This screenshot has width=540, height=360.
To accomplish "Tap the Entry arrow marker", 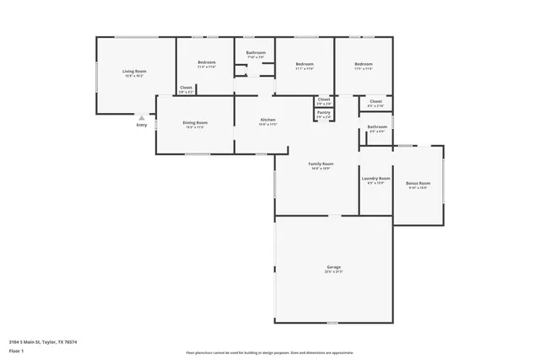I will (x=141, y=118).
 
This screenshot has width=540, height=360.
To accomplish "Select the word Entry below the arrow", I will (x=141, y=126).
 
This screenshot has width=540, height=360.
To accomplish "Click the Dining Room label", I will (x=195, y=123).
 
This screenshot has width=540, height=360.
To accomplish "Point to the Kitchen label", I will (x=267, y=120).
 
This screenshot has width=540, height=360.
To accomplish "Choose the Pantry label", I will (x=324, y=112).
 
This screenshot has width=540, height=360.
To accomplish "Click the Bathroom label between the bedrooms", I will (x=256, y=53).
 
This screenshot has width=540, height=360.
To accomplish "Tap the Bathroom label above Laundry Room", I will (x=376, y=127).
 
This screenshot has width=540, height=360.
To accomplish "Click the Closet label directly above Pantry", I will (x=324, y=99).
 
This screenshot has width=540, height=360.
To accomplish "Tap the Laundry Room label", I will (x=375, y=179).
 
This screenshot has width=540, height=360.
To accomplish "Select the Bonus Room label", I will (x=418, y=183).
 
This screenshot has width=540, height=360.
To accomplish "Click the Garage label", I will (x=334, y=268).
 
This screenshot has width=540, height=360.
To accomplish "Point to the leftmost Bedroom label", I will (x=207, y=63).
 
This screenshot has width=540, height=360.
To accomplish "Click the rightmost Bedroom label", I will (x=364, y=64).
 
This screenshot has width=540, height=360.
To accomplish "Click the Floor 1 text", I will (x=16, y=350).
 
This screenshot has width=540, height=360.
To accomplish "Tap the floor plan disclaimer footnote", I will (x=269, y=352).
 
